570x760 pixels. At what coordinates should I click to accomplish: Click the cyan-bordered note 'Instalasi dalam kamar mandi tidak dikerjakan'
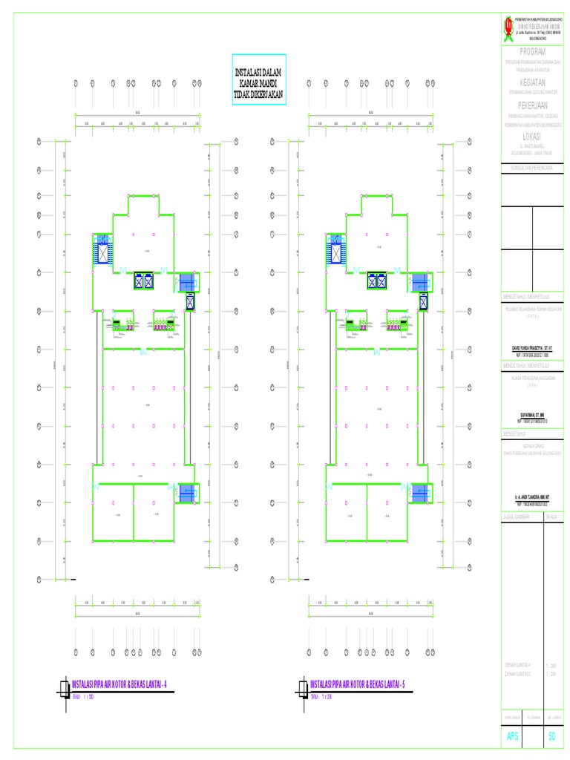(260, 79)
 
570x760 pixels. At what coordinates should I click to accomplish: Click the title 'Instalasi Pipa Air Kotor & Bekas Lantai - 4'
(119, 683)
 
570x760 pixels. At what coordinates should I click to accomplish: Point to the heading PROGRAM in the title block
(531, 52)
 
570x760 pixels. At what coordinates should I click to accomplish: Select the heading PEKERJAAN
(531, 106)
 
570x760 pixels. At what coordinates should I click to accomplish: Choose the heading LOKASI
(531, 137)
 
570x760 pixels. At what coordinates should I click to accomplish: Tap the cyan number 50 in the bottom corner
(551, 736)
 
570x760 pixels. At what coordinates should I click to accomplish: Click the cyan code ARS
(512, 736)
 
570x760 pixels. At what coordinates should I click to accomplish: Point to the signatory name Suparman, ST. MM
(531, 415)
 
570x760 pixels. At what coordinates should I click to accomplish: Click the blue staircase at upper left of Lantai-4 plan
(102, 250)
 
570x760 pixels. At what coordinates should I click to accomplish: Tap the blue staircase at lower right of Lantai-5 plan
(422, 493)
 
